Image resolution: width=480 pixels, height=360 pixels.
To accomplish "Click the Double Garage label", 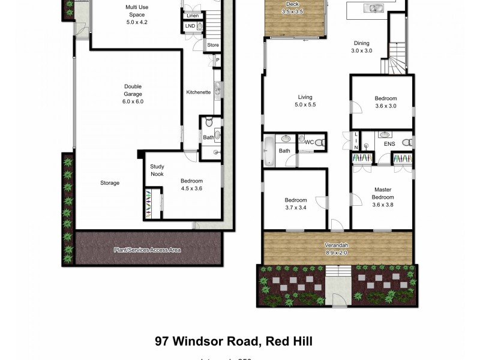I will click(x=133, y=94).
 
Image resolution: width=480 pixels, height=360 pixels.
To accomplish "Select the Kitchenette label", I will click(x=198, y=92).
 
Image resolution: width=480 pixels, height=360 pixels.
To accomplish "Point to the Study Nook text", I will click(x=157, y=170).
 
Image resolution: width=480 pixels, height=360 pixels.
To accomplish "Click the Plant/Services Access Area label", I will click(x=147, y=249).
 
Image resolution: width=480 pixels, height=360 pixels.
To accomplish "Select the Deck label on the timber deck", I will click(x=295, y=8).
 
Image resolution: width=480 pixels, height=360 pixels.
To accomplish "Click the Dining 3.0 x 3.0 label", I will click(x=361, y=47).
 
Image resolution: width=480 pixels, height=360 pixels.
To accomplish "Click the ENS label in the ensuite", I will click(x=389, y=144).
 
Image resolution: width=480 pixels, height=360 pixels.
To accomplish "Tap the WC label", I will click(x=310, y=142).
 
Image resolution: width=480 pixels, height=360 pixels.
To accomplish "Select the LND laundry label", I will click(x=190, y=26).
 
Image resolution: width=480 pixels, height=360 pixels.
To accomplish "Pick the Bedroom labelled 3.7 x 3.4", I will click(x=296, y=204).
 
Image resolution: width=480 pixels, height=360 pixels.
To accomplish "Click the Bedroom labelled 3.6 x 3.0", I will click(x=385, y=103).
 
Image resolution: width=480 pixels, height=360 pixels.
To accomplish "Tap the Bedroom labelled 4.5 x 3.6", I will click(x=191, y=185).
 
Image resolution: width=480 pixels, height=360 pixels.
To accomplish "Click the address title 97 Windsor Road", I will click(x=233, y=341).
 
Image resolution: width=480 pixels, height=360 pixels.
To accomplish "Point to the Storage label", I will click(x=110, y=183).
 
